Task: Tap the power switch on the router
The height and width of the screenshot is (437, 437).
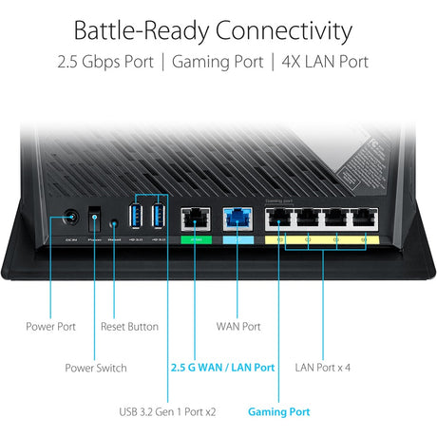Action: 94,219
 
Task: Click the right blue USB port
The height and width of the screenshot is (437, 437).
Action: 159,216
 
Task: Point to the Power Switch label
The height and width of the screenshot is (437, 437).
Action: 95,367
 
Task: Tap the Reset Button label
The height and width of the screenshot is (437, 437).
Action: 129,326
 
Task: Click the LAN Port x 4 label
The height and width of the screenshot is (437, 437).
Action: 322,367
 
